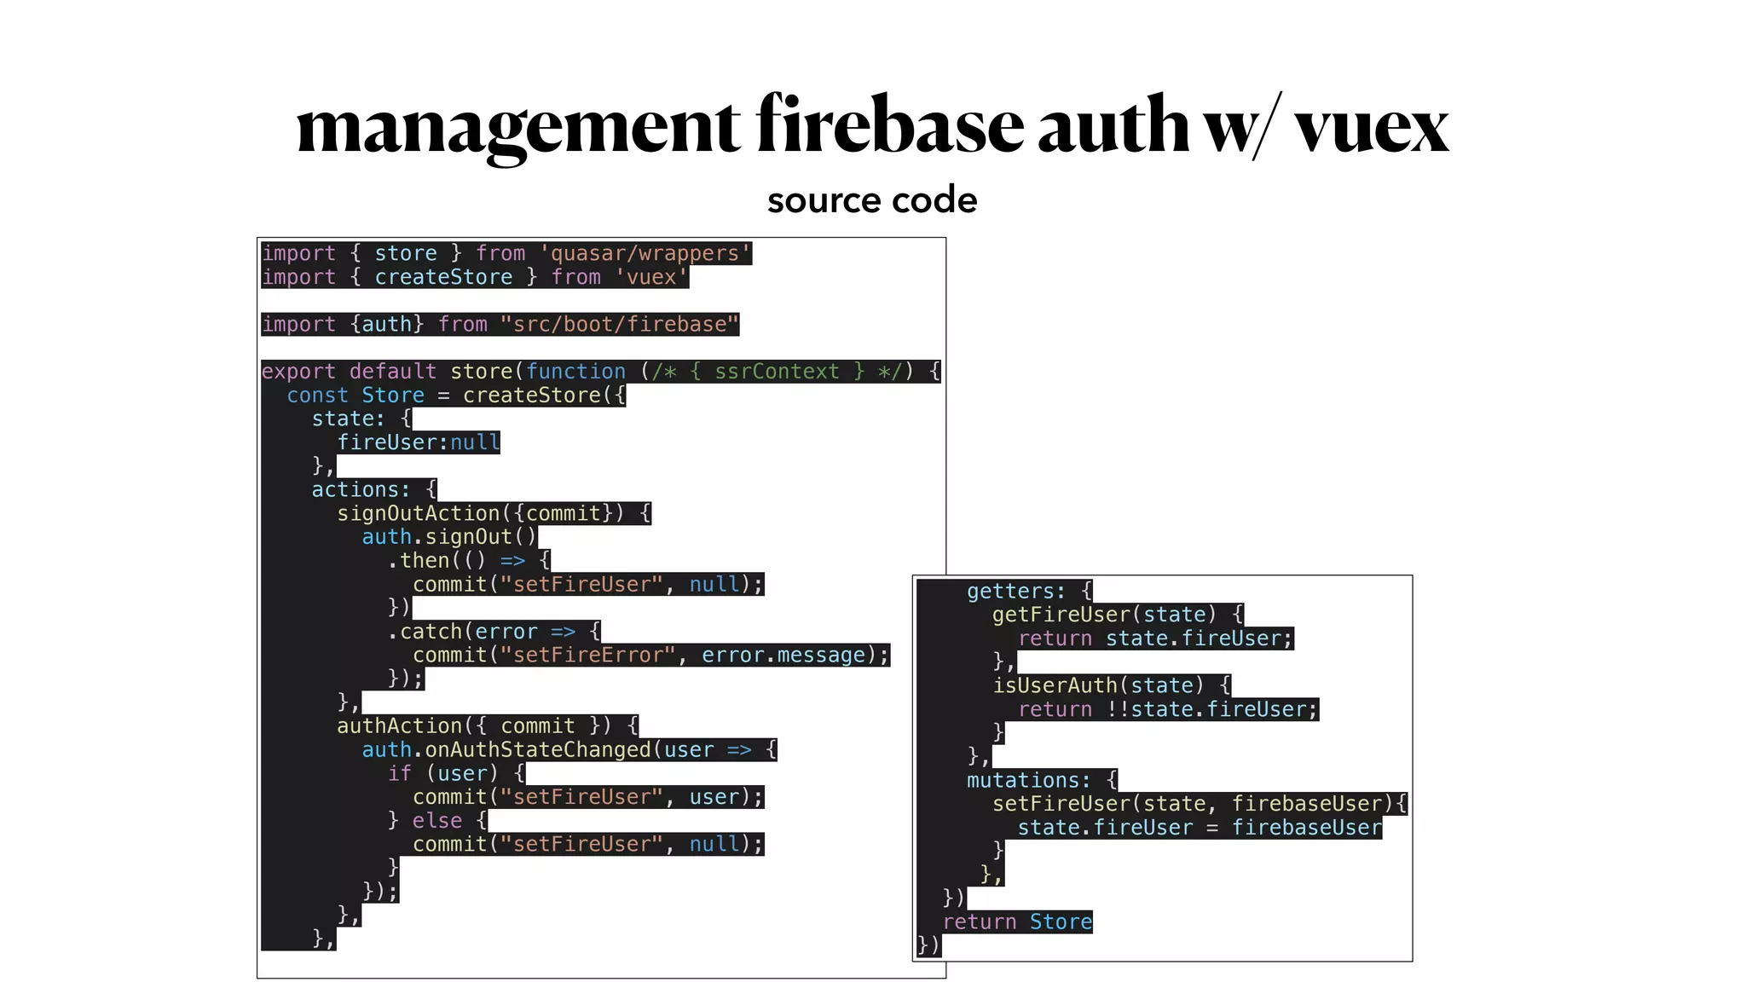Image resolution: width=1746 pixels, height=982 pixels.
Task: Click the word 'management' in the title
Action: [518, 126]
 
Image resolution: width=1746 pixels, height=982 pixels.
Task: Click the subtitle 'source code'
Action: [872, 200]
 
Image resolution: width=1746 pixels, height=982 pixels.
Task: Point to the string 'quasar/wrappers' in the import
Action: [645, 253]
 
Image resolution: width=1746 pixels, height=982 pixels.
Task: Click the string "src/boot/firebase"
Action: [620, 324]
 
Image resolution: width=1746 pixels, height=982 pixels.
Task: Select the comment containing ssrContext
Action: [777, 372]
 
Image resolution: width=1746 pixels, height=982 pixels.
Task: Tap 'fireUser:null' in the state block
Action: [419, 442]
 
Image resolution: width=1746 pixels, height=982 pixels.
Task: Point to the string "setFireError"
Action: [589, 655]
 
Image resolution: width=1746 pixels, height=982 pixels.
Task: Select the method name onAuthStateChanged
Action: [538, 749]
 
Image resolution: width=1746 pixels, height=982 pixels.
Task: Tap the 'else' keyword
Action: [437, 820]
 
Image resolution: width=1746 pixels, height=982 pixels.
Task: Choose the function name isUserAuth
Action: [1055, 685]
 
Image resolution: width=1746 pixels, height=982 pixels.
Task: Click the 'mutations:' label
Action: [1028, 780]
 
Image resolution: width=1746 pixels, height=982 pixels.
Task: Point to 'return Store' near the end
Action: [1017, 921]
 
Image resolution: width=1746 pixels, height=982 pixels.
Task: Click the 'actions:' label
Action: [361, 489]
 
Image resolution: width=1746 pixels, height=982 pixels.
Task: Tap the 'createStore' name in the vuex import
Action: [443, 277]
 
